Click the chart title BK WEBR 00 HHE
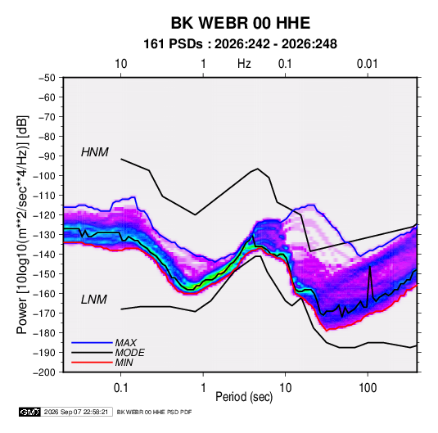[x=241, y=23]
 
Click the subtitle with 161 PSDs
[x=240, y=44]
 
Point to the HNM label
[x=95, y=152]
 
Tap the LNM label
[x=94, y=300]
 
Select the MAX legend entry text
[x=126, y=343]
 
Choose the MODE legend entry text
[x=130, y=353]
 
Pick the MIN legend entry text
[x=124, y=363]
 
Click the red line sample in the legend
[x=92, y=363]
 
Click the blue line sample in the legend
[x=92, y=343]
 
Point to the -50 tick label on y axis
[x=47, y=78]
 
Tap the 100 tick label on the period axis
[x=368, y=388]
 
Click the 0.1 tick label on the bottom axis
[x=120, y=388]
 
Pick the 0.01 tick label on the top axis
[x=368, y=64]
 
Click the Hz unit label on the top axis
[x=244, y=64]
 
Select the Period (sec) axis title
[x=244, y=397]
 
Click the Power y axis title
[x=22, y=224]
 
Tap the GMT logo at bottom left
[x=30, y=412]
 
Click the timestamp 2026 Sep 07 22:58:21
[x=76, y=412]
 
